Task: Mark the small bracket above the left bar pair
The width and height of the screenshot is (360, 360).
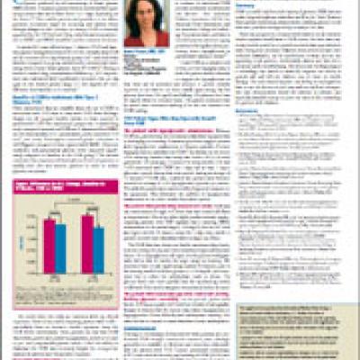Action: (54, 217)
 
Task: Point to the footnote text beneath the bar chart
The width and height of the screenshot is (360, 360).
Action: (72, 287)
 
